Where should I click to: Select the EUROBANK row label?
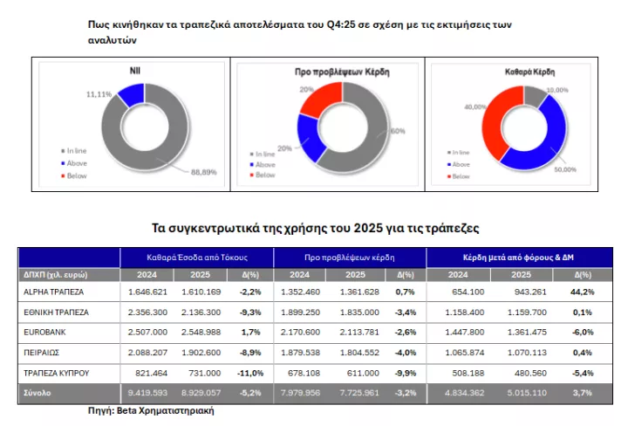pyautogui.click(x=44, y=333)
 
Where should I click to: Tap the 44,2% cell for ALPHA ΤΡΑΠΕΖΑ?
pyautogui.click(x=582, y=291)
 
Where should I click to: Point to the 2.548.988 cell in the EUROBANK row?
pyautogui.click(x=206, y=333)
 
